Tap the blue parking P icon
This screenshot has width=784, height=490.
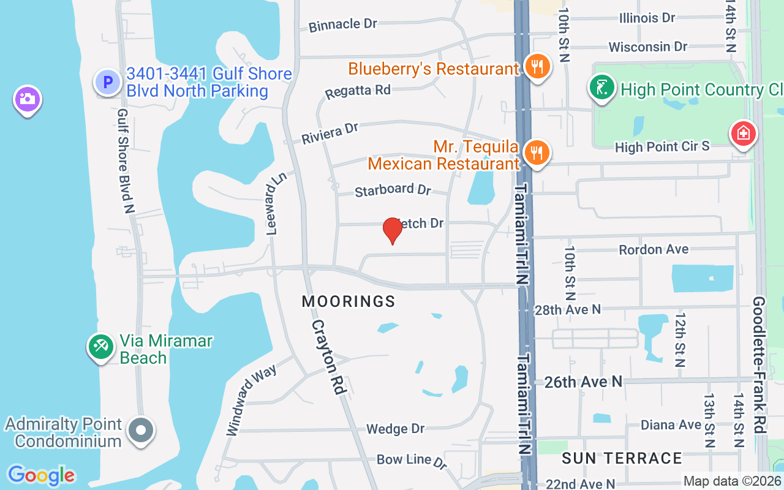[108, 82]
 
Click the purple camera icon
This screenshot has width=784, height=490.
[28, 99]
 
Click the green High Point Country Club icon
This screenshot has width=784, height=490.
[602, 88]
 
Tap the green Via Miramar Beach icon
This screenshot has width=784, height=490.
[100, 347]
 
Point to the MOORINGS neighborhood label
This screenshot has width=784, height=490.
[349, 301]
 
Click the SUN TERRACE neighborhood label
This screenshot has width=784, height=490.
[622, 458]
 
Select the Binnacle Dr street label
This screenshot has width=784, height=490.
[343, 24]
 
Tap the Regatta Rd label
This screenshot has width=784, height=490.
[358, 91]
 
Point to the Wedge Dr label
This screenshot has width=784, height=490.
[395, 429]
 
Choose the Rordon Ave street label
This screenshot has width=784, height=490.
[654, 249]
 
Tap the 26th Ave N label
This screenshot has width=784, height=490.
[583, 382]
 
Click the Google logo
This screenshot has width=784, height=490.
[41, 475]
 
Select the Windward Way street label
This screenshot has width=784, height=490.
[251, 399]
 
